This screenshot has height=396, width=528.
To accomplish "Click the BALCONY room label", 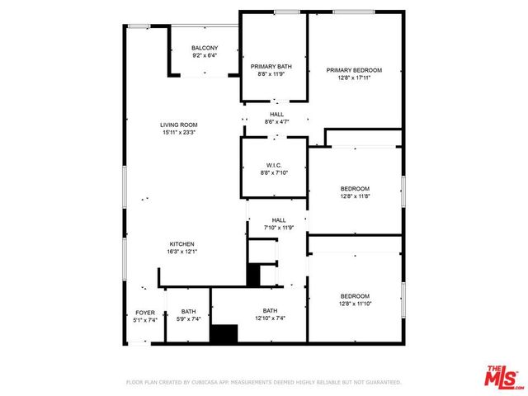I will point(205,48).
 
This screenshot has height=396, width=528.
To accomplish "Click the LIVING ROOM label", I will point(179,125).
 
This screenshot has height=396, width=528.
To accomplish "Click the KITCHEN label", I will point(182,244).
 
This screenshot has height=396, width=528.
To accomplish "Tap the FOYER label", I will point(145,312).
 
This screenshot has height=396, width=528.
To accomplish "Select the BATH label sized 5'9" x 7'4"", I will point(188,312).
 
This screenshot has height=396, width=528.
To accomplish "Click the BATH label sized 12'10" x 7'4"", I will point(270,311).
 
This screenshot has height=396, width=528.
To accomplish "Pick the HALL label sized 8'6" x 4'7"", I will point(276,114).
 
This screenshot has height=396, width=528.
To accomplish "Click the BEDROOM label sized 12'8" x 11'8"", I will point(355,188).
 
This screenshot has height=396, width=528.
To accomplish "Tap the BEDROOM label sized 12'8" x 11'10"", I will point(355,295).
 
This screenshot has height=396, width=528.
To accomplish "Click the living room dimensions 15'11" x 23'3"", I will point(179,133).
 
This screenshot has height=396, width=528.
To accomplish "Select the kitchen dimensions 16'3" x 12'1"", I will point(182,252).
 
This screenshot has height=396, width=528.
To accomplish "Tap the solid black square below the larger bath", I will point(223,333).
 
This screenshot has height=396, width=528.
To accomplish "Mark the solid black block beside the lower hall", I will point(253,275).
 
